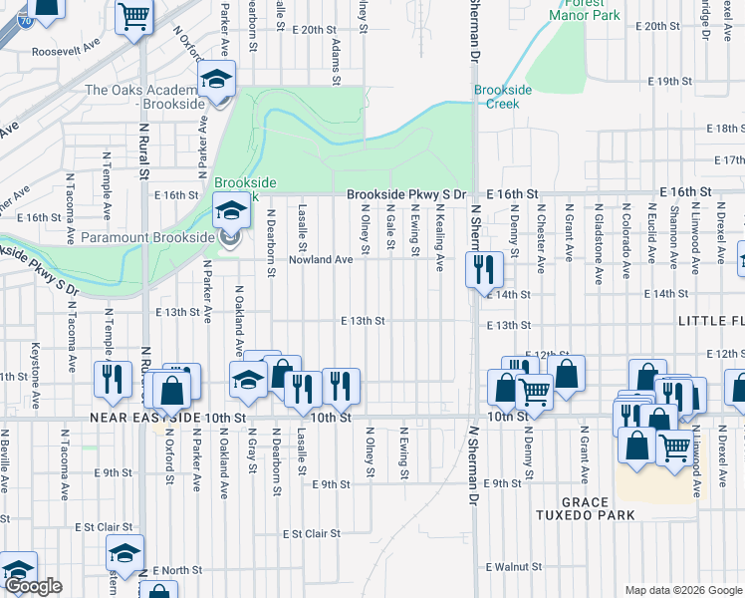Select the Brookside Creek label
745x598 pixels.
point(503,97)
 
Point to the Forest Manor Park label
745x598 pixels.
point(584,10)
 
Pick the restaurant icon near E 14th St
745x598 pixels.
point(483,268)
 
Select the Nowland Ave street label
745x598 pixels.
point(321,259)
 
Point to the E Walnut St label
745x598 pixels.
point(520,567)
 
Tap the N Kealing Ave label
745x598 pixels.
point(440,239)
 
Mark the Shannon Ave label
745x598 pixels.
point(674,240)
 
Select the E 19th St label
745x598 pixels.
point(668,81)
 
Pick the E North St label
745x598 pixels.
point(177,570)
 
